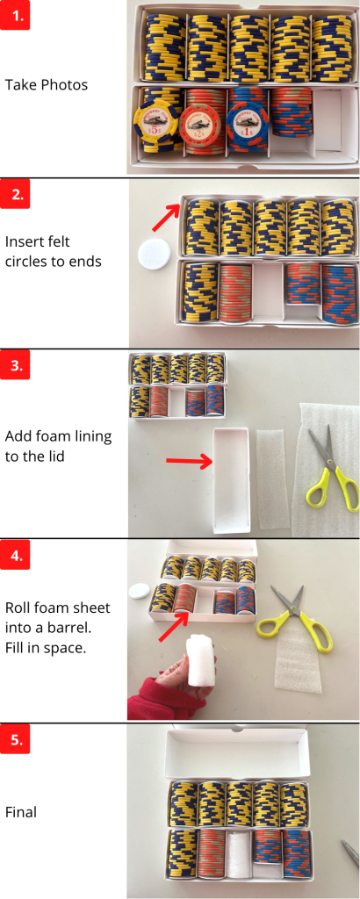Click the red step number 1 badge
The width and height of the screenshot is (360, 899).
(15, 15)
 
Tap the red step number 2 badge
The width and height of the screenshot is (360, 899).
(15, 195)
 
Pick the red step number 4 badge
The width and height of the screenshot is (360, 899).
(15, 556)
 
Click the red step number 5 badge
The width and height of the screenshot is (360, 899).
(15, 739)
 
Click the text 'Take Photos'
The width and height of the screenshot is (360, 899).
(47, 85)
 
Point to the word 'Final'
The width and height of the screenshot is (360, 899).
(21, 811)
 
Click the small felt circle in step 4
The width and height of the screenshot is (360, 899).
(139, 590)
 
